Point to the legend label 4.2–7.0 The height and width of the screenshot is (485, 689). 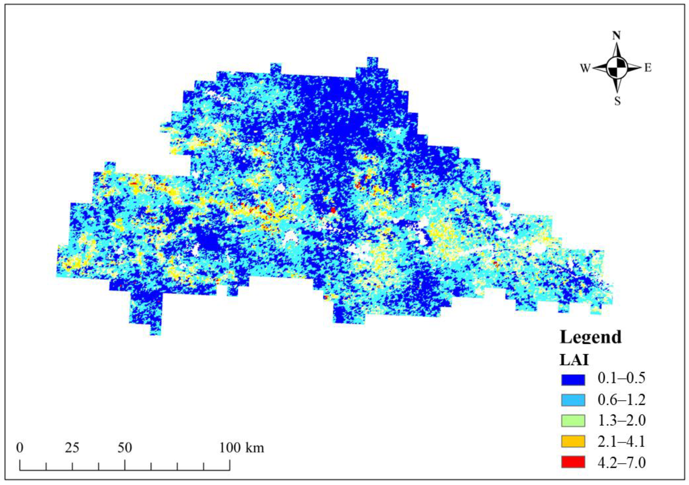click(x=621, y=462)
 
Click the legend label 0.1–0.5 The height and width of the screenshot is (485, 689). click(x=621, y=378)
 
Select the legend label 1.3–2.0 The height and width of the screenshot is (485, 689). click(x=621, y=421)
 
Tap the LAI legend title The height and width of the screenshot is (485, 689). click(x=574, y=360)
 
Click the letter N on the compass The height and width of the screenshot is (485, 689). click(x=616, y=36)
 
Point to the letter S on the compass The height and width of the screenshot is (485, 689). click(x=617, y=102)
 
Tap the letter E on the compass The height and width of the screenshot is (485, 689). click(x=648, y=68)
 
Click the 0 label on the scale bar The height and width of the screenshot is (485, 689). click(x=20, y=448)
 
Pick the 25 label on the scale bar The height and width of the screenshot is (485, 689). click(x=72, y=448)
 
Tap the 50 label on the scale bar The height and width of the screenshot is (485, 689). click(x=125, y=448)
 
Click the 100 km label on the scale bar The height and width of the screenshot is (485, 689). click(x=242, y=448)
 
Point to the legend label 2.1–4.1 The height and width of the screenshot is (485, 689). click(x=621, y=441)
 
